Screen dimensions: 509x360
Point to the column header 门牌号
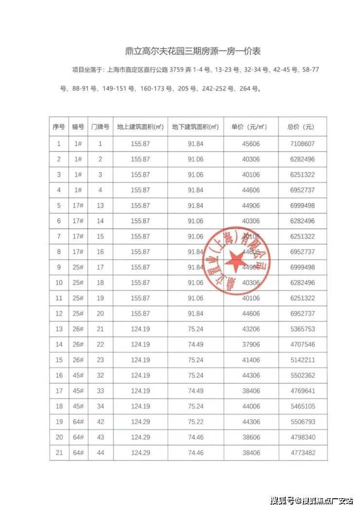[101, 127]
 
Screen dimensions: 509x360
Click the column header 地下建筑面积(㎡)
[195, 127]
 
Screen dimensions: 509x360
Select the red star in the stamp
[237, 262]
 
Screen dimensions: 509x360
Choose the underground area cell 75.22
[195, 422]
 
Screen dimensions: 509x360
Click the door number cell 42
[101, 422]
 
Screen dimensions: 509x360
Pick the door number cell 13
[101, 205]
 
